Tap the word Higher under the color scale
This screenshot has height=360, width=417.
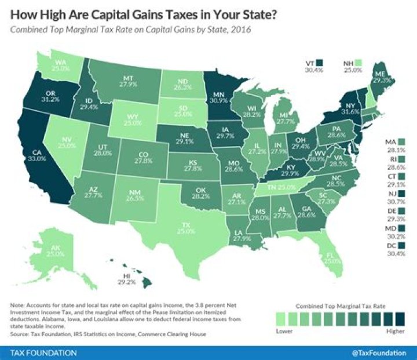[x=396, y=333]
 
